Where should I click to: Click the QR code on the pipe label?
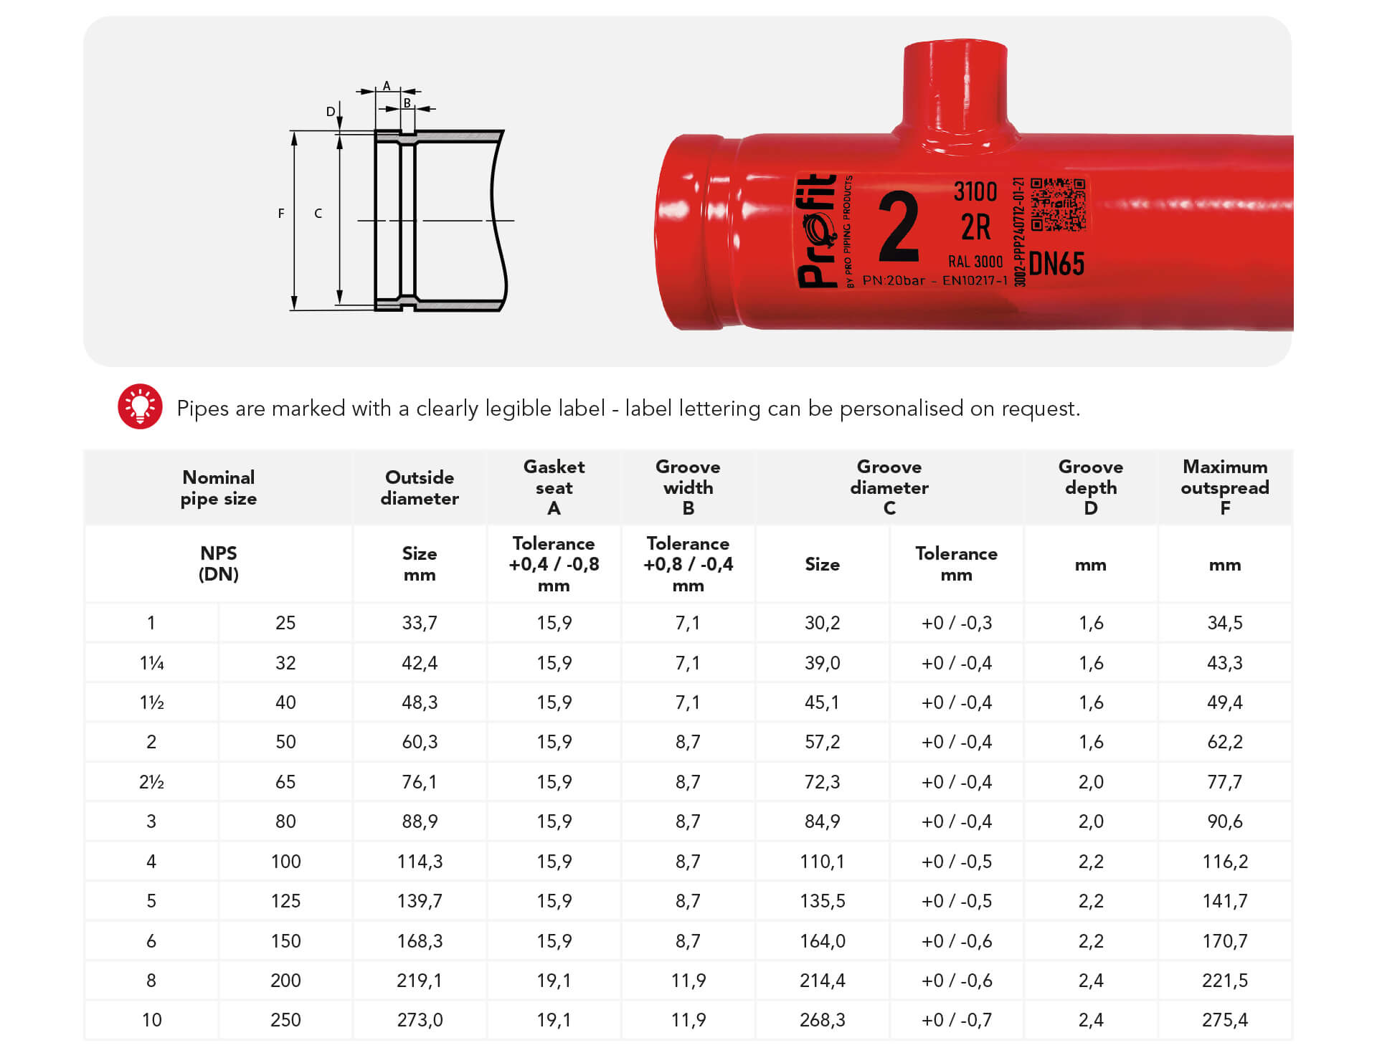(x=1058, y=205)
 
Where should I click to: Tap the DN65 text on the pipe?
(x=1056, y=264)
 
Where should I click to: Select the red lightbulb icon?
(x=140, y=406)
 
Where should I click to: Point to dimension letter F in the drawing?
(x=281, y=213)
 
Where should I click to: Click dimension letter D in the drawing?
(x=330, y=111)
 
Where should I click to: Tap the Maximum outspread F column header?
(x=1224, y=487)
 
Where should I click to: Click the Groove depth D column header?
(x=1090, y=487)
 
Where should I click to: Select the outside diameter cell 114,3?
(x=420, y=861)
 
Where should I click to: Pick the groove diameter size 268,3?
(x=822, y=1019)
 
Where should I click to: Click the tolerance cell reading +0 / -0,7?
(x=956, y=1019)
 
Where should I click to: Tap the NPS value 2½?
(x=151, y=781)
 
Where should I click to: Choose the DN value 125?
(x=285, y=900)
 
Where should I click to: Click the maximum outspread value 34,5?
(x=1224, y=622)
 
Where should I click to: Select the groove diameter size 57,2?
(x=822, y=741)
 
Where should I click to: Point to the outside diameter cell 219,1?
(x=420, y=980)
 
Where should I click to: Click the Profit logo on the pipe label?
(x=818, y=231)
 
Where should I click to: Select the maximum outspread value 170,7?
(x=1224, y=940)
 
